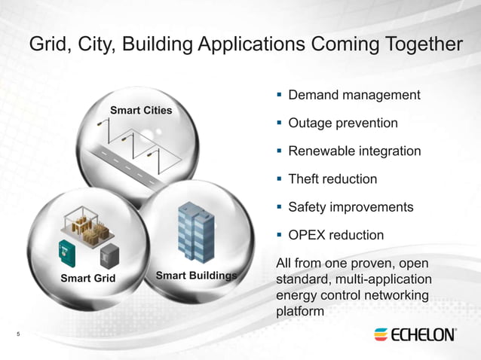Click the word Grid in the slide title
click(49, 45)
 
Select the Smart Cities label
click(141, 110)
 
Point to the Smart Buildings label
click(196, 275)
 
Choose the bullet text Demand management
click(354, 96)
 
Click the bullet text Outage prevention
click(343, 123)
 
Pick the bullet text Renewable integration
click(354, 151)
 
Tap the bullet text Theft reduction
click(332, 179)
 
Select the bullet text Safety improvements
click(351, 207)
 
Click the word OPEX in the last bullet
click(307, 235)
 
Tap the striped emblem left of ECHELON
click(381, 334)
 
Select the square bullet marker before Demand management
click(278, 96)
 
